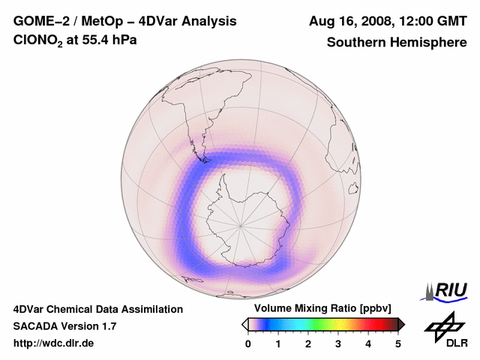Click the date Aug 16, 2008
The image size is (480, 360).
coord(352,21)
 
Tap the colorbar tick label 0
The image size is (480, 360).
coord(248,343)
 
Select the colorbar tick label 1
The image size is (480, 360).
coord(278,343)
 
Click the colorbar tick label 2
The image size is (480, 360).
coord(308,343)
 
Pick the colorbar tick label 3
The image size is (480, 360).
coord(338,343)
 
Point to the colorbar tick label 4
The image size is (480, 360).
coord(368,343)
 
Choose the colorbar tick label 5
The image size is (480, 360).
coord(398,343)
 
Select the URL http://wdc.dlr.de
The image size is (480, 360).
coord(54,343)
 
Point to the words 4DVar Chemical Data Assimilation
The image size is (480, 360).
coord(98,309)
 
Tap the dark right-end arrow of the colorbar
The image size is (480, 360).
coord(401,323)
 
